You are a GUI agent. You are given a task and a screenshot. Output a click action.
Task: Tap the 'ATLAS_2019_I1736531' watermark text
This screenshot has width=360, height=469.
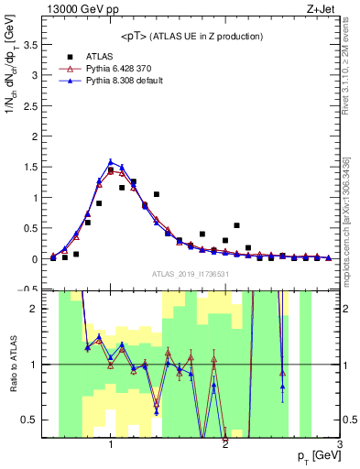191,274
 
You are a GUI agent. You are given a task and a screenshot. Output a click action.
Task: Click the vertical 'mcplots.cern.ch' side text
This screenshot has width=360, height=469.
351,229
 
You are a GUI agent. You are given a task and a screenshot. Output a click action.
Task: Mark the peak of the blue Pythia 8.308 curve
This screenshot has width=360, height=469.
111,161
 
